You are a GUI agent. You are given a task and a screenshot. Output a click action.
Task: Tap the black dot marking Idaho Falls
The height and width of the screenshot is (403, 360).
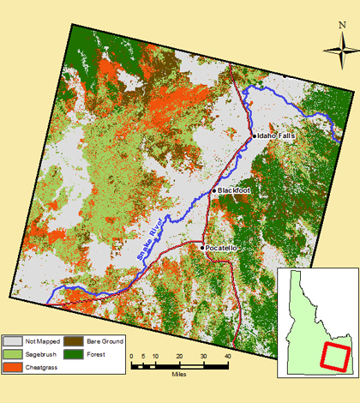254,136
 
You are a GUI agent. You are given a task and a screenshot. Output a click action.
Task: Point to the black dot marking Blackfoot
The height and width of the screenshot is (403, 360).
214,190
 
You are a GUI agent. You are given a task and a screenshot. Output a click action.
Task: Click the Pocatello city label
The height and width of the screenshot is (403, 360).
221,248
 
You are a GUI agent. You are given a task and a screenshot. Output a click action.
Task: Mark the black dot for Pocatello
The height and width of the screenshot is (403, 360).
202,248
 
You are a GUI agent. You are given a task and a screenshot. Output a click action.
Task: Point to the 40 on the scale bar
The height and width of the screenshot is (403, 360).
227,356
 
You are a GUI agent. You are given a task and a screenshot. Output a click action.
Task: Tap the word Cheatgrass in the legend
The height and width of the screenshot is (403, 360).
42,366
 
